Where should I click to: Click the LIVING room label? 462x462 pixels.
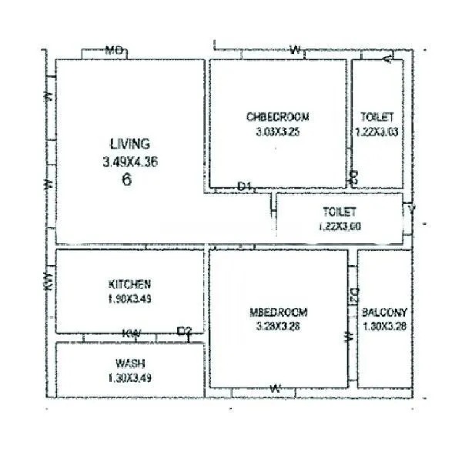click(x=130, y=143)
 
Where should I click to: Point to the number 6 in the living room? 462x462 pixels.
click(x=126, y=181)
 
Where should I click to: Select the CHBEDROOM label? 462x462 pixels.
click(x=278, y=117)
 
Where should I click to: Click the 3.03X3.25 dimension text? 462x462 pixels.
click(x=278, y=132)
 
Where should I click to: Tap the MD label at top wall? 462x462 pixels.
click(x=115, y=51)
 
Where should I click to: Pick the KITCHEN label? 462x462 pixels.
click(x=129, y=284)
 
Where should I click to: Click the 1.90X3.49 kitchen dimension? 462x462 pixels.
click(x=129, y=299)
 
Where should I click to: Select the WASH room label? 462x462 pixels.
click(x=130, y=363)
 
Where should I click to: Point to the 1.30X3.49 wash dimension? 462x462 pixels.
click(x=130, y=377)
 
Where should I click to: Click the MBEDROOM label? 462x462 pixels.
click(x=278, y=312)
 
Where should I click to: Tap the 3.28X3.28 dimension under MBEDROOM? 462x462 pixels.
click(x=278, y=326)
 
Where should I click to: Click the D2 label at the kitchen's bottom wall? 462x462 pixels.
click(x=184, y=332)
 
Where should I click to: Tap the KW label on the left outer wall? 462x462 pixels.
click(x=49, y=283)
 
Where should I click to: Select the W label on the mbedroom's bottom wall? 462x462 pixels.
click(x=274, y=388)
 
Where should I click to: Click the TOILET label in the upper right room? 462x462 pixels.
click(x=377, y=117)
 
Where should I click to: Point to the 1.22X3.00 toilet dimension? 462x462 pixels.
click(x=340, y=226)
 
